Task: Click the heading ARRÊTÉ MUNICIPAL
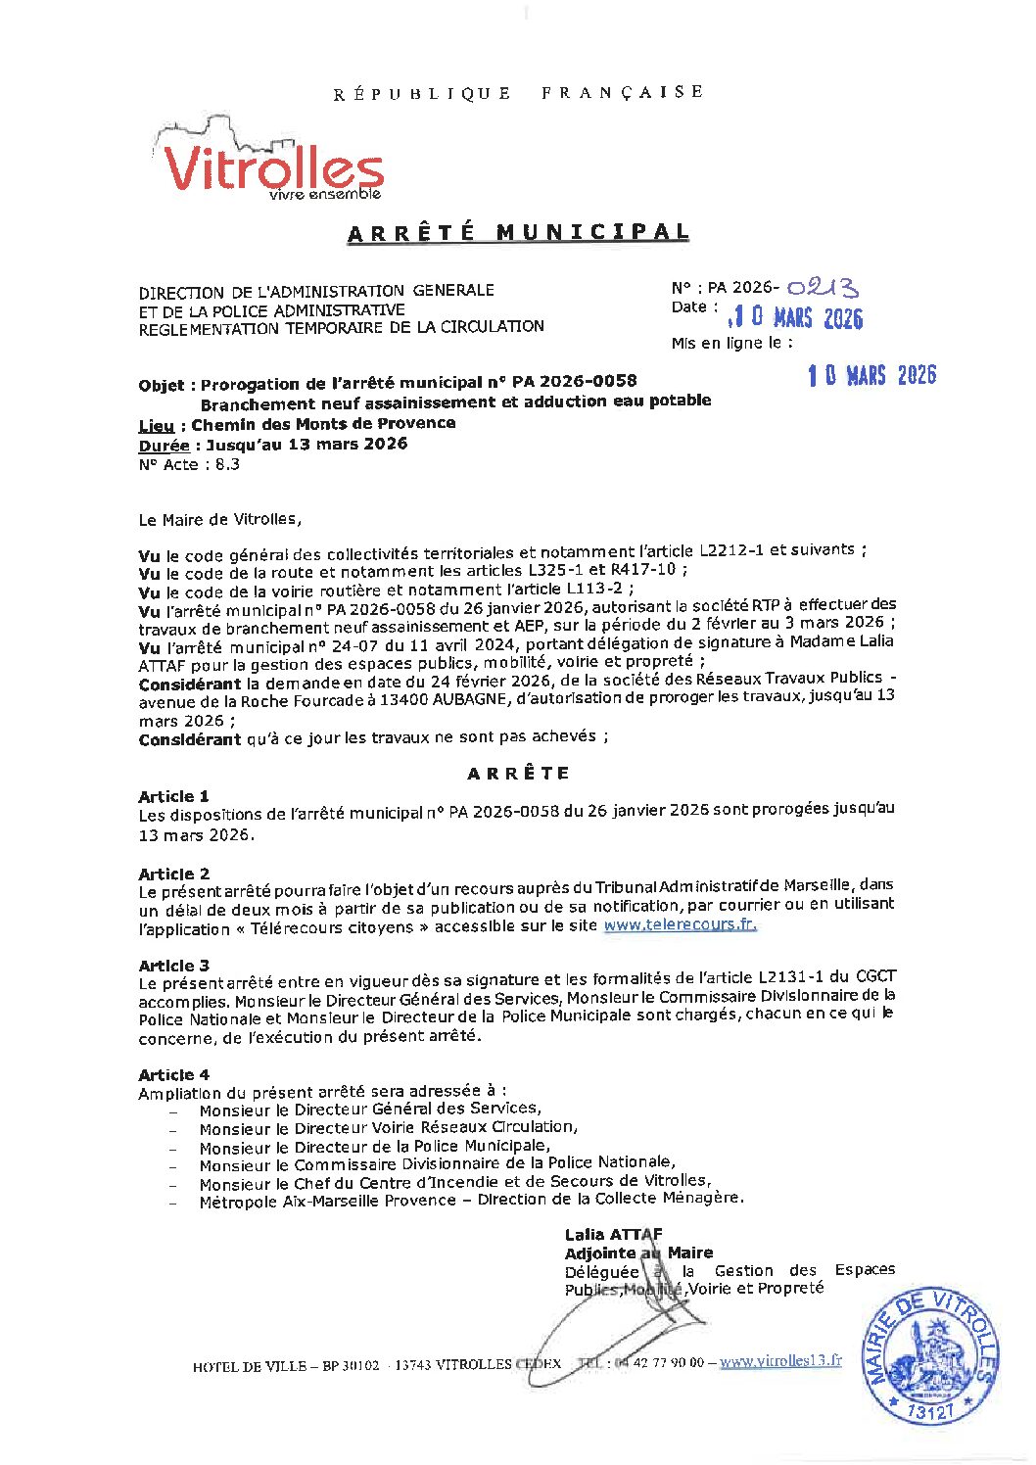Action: coord(518,233)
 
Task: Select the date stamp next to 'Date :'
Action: coord(795,317)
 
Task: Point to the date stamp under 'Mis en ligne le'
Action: coord(871,375)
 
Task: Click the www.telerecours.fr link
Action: coord(680,924)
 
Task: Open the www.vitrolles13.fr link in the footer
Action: coord(780,1360)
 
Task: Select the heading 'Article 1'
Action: coord(173,796)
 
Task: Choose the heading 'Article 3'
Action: coord(173,965)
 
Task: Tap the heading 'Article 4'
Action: coord(173,1074)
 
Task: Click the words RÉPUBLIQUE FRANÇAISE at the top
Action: coord(518,93)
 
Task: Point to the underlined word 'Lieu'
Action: coord(156,425)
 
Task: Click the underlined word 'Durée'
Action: coord(164,446)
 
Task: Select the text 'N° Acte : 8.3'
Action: coord(189,465)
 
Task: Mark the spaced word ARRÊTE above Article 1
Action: coord(518,774)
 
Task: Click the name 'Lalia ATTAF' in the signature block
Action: coord(613,1234)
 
